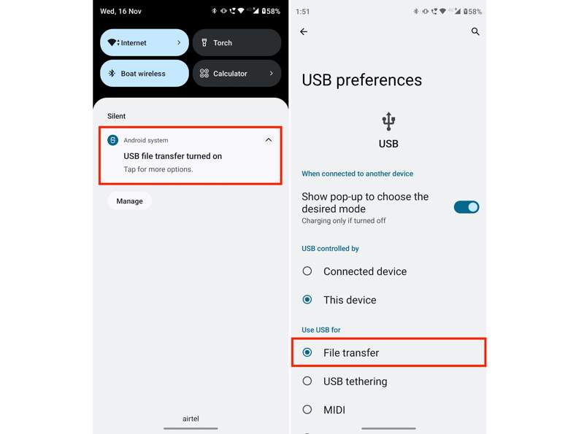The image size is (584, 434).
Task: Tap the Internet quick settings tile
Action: click(144, 43)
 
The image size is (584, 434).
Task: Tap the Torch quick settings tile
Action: click(237, 43)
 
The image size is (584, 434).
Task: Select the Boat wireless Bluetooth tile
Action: click(144, 74)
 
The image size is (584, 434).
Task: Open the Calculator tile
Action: click(237, 74)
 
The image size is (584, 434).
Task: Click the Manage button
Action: click(129, 201)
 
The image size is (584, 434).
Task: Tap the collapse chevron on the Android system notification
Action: click(268, 140)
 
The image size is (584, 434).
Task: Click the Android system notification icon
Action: click(113, 140)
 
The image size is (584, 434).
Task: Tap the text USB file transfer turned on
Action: click(172, 156)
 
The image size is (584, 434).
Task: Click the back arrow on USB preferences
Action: click(304, 32)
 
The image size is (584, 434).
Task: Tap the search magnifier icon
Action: click(475, 32)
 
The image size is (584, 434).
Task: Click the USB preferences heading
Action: click(361, 80)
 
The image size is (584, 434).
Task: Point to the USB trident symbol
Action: click(388, 121)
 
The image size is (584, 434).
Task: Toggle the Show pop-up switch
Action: click(466, 207)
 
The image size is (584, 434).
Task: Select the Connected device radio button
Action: click(307, 271)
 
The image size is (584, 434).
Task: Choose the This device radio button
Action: click(307, 300)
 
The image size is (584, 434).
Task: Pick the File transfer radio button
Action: click(307, 352)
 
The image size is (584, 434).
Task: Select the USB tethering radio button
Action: click(307, 381)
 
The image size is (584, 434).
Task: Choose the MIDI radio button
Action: click(307, 409)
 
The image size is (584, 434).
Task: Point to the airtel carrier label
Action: click(191, 419)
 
